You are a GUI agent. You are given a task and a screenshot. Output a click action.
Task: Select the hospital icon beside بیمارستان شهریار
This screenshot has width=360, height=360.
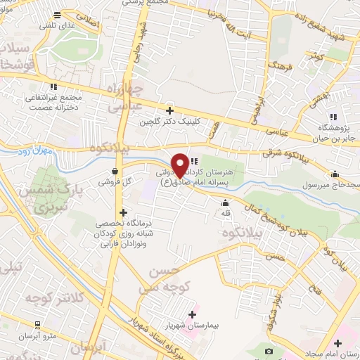pyautogui.click(x=191, y=314)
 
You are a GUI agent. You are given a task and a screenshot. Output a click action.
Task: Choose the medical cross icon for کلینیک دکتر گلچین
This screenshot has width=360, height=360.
pyautogui.click(x=169, y=110)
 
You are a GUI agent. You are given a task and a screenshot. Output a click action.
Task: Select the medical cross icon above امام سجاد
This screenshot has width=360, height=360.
pyautogui.click(x=338, y=343)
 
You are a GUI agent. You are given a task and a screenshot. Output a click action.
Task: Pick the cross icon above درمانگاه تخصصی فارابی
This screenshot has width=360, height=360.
pyautogui.click(x=123, y=212)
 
